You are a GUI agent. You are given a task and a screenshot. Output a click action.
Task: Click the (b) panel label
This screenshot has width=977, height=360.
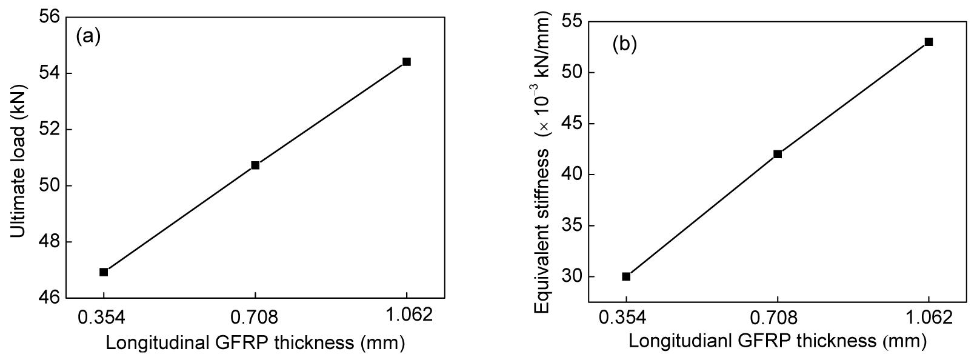(624, 44)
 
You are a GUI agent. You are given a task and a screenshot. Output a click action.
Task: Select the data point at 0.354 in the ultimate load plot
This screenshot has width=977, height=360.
(104, 272)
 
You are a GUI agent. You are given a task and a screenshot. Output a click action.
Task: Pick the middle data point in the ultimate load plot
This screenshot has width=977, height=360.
(255, 165)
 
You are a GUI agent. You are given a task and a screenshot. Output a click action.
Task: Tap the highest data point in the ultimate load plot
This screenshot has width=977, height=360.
(407, 62)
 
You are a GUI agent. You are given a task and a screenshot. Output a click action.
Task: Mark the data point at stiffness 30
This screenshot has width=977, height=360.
(626, 276)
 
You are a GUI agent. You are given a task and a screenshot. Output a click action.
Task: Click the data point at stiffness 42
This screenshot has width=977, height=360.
(778, 154)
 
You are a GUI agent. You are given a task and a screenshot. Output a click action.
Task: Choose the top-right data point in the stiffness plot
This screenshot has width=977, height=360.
(929, 42)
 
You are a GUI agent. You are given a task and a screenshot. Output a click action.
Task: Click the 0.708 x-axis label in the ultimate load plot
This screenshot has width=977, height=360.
(255, 316)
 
